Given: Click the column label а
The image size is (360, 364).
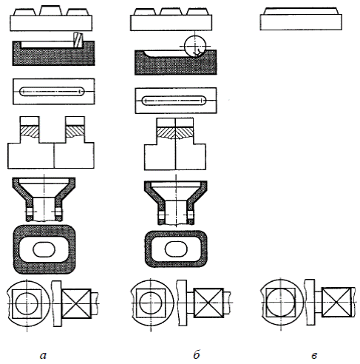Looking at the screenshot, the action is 43,355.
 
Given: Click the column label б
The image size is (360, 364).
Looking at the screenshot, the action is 197,354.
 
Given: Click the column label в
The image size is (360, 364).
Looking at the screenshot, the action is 314,356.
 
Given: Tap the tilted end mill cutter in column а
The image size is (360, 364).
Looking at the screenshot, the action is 78,39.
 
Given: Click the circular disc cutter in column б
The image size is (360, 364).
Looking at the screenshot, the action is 194,46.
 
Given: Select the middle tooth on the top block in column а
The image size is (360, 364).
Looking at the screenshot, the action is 50,10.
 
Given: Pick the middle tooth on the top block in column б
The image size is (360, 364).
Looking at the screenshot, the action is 171,12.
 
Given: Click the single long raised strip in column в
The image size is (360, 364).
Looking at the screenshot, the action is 301,11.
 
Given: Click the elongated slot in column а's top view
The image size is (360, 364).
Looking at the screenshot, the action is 52,92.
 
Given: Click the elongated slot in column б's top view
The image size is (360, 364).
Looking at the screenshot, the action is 174,101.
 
